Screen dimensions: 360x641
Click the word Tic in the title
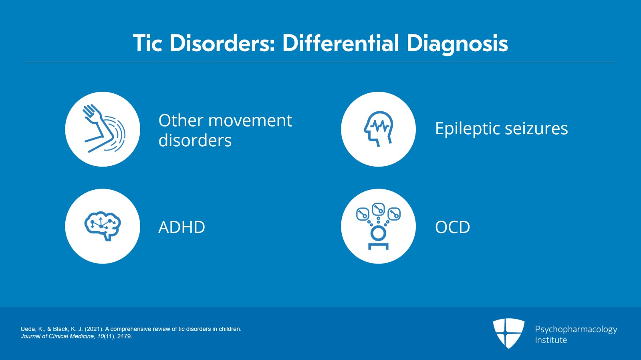pyautogui.click(x=147, y=43)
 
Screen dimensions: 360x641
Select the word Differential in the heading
pyautogui.click(x=341, y=43)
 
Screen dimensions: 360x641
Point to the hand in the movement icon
pyautogui.click(x=92, y=113)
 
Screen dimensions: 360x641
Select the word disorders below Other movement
pyautogui.click(x=195, y=141)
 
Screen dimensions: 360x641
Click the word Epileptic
pyautogui.click(x=467, y=129)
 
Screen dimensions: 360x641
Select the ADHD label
pyautogui.click(x=181, y=227)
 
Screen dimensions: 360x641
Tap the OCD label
pyautogui.click(x=452, y=227)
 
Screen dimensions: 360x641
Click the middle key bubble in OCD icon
pyautogui.click(x=378, y=209)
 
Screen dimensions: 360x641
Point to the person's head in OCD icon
pyautogui.click(x=378, y=233)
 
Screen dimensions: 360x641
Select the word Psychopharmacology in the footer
pyautogui.click(x=576, y=329)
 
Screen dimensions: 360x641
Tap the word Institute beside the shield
pyautogui.click(x=551, y=340)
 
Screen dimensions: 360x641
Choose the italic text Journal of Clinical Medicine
pyautogui.click(x=57, y=336)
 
